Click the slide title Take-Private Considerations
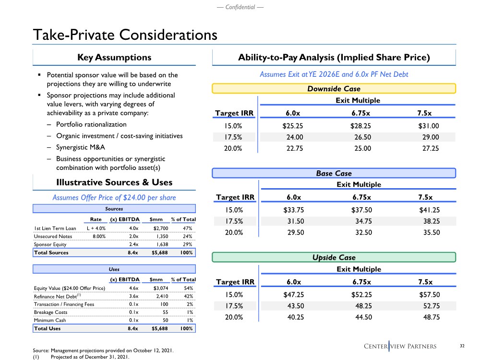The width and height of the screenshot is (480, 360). (x=125, y=35)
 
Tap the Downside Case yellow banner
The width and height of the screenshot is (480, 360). (x=334, y=88)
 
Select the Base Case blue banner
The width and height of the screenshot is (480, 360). (x=334, y=173)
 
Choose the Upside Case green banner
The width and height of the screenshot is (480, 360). (x=334, y=257)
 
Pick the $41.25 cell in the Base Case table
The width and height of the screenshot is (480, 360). (x=428, y=210)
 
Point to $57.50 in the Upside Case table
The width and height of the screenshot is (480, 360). (x=428, y=295)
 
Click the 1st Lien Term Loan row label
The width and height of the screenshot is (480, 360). (x=55, y=228)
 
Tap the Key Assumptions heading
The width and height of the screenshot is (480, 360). (x=114, y=58)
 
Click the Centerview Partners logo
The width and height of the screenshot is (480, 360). (x=407, y=346)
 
